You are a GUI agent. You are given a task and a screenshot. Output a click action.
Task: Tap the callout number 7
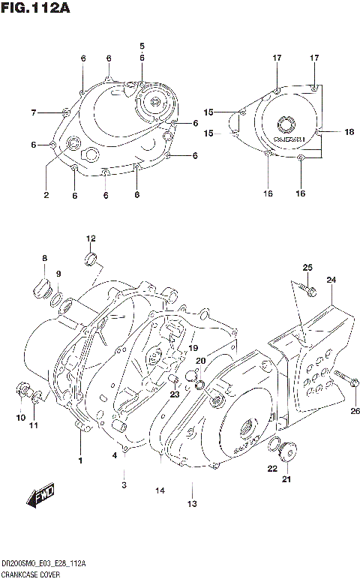[33, 113]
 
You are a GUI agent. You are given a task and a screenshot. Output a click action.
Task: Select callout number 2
[46, 195]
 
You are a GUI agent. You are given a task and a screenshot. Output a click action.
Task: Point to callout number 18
[349, 132]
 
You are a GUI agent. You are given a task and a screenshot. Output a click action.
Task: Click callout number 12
[91, 239]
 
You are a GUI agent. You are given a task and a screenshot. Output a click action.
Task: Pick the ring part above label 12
[91, 259]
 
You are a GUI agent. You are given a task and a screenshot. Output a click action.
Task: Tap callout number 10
[20, 418]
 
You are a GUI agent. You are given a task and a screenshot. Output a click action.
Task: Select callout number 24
[331, 280]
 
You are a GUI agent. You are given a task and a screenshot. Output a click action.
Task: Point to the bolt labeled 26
[345, 379]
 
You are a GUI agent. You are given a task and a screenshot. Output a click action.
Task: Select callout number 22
[271, 469]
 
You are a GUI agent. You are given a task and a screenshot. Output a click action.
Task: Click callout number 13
[192, 503]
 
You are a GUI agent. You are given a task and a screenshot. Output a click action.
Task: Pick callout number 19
[193, 348]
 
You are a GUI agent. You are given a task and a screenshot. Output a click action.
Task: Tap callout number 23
[173, 394]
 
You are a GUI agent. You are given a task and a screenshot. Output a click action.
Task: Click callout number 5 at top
[142, 46]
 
